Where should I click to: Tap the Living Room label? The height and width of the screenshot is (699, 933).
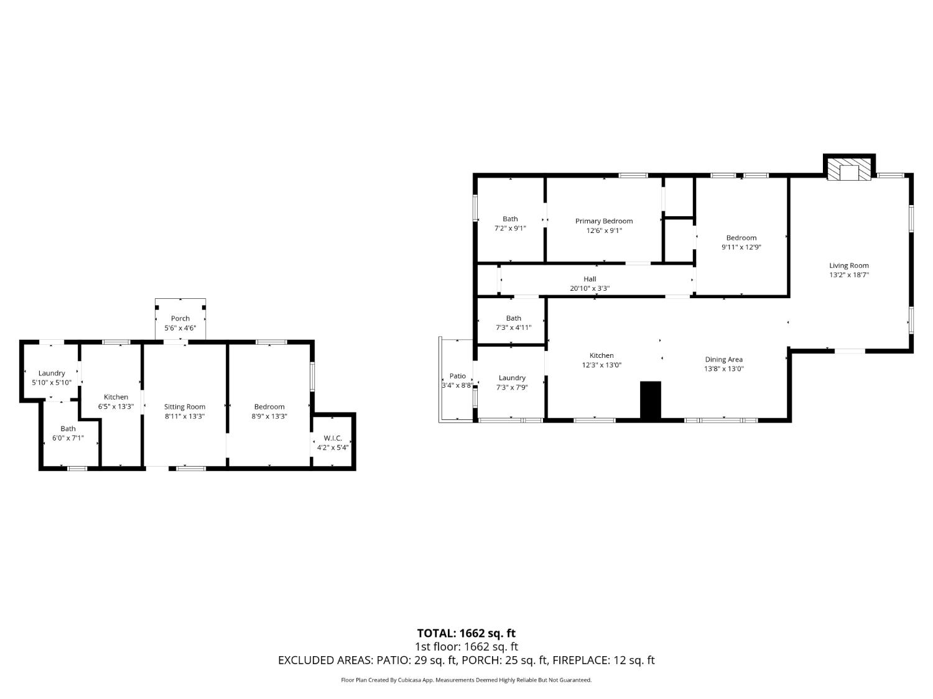(x=849, y=266)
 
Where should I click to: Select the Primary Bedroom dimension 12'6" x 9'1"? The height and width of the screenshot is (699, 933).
(x=604, y=231)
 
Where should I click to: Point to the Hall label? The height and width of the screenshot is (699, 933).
(x=590, y=279)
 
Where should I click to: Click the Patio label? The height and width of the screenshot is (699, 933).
(x=457, y=376)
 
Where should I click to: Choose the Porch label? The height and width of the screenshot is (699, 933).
(x=180, y=318)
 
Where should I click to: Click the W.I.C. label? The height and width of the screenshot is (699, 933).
(x=333, y=438)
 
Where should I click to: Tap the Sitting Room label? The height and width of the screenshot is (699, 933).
(x=185, y=406)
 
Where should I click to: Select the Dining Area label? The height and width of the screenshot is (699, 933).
(x=724, y=360)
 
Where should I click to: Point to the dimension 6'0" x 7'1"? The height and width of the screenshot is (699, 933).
(x=68, y=438)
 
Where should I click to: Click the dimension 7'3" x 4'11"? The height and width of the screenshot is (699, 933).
(x=514, y=327)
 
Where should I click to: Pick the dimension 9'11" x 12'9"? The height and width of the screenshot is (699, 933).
(x=741, y=247)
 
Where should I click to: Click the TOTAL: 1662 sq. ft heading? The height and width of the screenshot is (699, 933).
(x=466, y=633)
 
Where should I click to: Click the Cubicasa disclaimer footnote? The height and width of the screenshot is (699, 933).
(x=466, y=680)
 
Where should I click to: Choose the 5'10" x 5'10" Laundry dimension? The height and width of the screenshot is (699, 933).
(x=52, y=382)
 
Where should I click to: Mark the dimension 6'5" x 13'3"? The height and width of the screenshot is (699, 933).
(x=116, y=406)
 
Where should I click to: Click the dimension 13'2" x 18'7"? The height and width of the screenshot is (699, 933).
(x=849, y=275)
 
